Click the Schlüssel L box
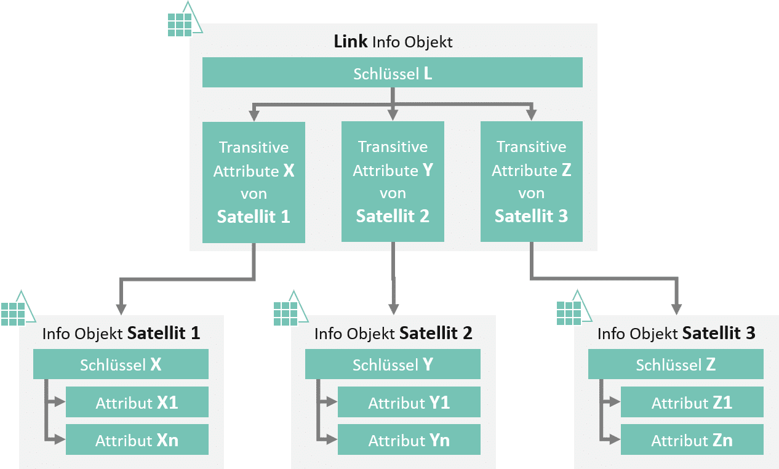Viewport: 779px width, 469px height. tap(393, 73)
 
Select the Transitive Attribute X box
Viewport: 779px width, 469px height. tap(254, 182)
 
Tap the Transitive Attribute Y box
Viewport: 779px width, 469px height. tap(393, 182)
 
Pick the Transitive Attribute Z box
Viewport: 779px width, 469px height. tap(531, 182)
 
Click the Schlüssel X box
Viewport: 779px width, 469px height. tap(121, 364)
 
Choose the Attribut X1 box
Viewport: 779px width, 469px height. tap(137, 403)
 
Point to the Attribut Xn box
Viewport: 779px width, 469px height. tap(137, 440)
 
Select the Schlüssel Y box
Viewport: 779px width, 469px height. tap(393, 364)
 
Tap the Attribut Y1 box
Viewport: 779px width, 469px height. tap(409, 403)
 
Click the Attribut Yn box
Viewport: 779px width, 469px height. tap(409, 440)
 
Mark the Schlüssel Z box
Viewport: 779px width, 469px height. tap(676, 364)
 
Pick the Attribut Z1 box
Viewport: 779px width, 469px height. tap(692, 403)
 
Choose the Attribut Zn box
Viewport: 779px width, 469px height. tap(692, 440)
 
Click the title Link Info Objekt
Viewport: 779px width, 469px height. tap(393, 42)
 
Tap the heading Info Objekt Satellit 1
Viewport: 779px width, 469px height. tap(121, 334)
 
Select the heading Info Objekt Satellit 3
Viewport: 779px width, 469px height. tap(676, 334)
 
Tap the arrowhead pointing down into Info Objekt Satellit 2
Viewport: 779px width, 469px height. tap(393, 308)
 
